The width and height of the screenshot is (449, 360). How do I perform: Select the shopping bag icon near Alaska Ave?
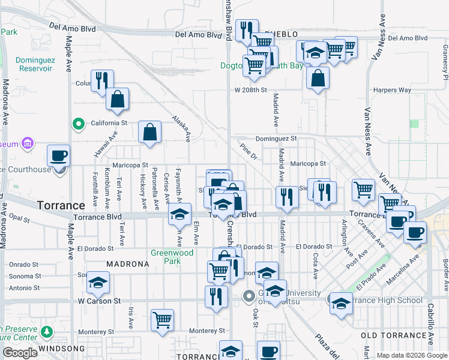click(149, 131)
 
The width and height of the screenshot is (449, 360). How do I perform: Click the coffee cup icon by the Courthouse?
click(58, 155)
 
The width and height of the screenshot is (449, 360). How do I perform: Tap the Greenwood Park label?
click(172, 257)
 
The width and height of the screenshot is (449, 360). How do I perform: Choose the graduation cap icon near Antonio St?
click(98, 282)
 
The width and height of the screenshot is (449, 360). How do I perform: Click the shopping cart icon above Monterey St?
click(162, 320)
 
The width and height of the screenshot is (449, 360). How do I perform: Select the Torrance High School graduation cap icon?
click(341, 302)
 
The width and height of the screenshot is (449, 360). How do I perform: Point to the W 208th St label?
click(250, 90)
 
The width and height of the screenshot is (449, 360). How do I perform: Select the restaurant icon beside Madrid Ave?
click(287, 197)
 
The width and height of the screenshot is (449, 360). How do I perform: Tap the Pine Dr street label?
click(248, 151)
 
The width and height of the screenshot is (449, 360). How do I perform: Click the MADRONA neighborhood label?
click(127, 264)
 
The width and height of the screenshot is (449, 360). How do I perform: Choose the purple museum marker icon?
click(26, 143)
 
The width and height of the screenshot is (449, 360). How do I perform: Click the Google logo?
click(20, 353)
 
